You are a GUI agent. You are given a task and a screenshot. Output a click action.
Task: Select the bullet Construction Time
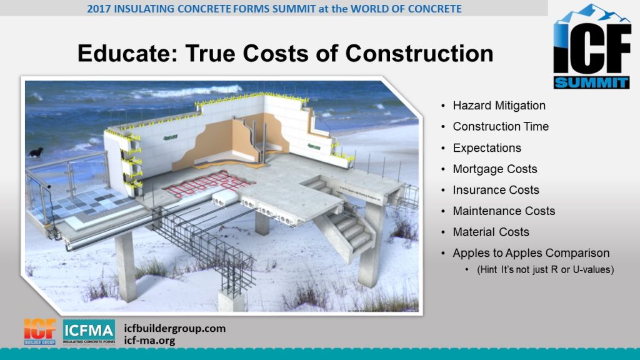[501, 127]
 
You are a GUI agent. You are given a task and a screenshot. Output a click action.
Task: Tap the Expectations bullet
[487, 148]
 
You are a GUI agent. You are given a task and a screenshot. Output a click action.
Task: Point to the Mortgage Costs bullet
[495, 169]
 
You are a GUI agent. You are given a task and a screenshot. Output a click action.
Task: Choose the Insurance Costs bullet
[496, 190]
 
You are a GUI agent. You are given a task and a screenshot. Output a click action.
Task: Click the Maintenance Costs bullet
[504, 211]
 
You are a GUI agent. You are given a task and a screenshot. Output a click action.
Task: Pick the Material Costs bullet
[491, 232]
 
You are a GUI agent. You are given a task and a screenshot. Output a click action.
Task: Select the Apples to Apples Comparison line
[531, 253]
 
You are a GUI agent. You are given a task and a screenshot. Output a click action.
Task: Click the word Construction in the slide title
[419, 54]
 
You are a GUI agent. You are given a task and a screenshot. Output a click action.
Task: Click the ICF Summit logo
[591, 46]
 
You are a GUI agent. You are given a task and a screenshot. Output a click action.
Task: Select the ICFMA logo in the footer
[89, 332]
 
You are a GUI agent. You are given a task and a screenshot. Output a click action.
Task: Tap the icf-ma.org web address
[150, 341]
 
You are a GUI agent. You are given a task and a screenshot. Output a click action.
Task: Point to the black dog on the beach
[36, 152]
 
